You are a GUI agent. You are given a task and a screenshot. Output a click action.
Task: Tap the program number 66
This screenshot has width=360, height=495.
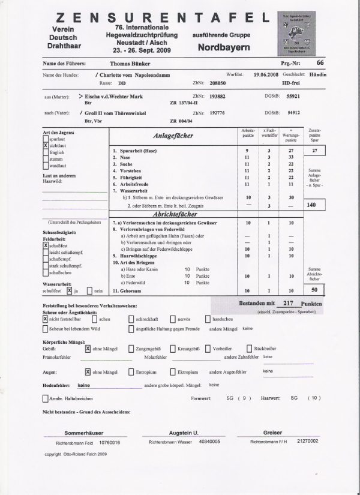(320, 62)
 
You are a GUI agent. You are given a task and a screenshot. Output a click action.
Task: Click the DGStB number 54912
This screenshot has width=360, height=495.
(293, 112)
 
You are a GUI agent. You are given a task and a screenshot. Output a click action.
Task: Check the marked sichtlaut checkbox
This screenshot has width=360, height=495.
(46, 145)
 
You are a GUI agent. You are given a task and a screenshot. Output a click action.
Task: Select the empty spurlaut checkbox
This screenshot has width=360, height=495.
(46, 139)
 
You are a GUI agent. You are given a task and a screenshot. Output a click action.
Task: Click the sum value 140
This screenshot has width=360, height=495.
(311, 205)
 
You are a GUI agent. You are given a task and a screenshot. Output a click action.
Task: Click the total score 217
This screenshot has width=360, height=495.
(287, 304)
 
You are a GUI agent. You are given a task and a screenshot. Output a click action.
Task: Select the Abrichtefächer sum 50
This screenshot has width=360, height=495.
(314, 290)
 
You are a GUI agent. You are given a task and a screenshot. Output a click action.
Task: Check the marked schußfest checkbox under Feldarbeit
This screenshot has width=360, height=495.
(46, 245)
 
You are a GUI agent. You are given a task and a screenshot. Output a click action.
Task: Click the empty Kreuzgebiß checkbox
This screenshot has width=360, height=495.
(173, 348)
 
